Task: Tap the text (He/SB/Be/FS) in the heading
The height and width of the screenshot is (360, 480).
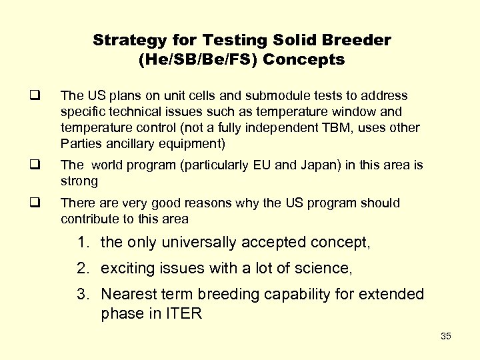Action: [197, 60]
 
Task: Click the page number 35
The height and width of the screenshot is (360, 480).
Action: [446, 336]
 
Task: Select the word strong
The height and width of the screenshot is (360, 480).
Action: [79, 181]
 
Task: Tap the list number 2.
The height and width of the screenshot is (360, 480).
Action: [82, 268]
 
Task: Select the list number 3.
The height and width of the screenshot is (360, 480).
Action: [82, 294]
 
